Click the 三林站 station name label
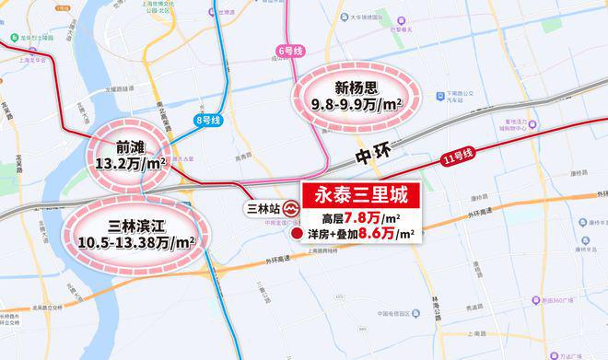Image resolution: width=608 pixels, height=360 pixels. pos(263,209)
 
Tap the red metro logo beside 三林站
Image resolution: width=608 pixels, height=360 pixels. pos(292,209)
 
